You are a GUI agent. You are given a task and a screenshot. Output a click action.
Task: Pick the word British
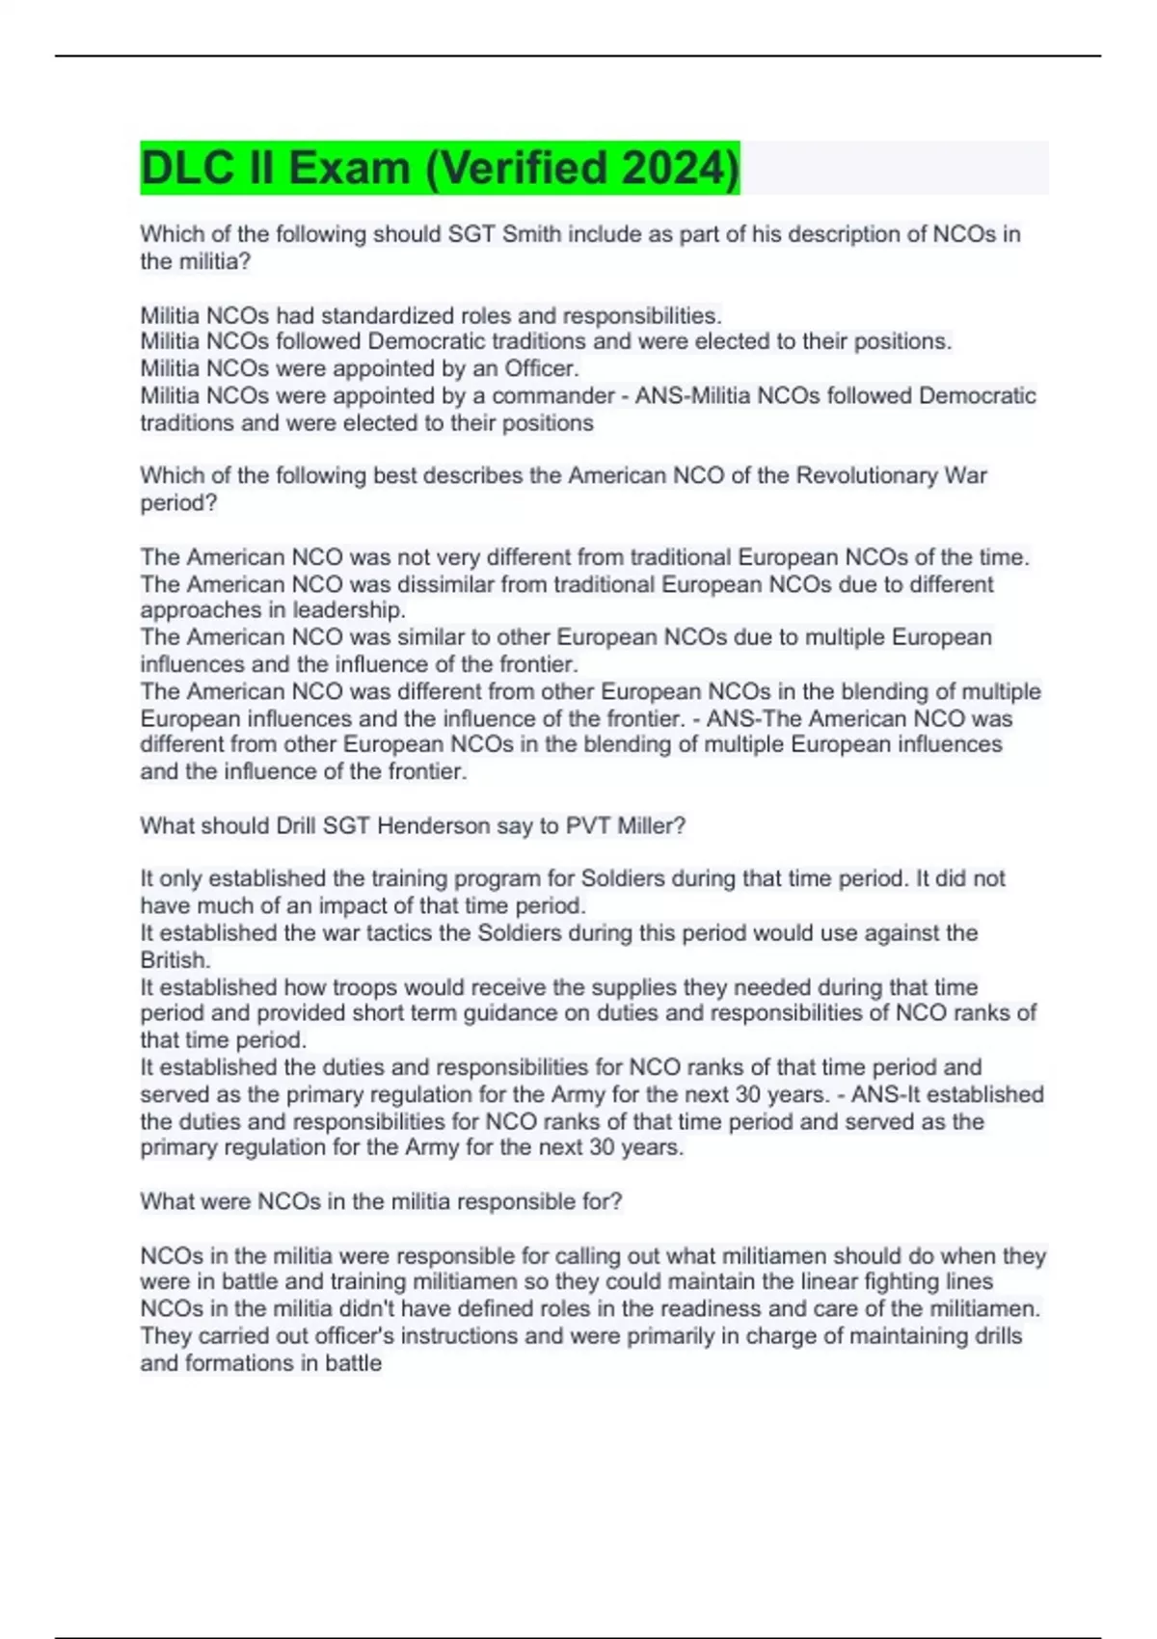coord(174,960)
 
